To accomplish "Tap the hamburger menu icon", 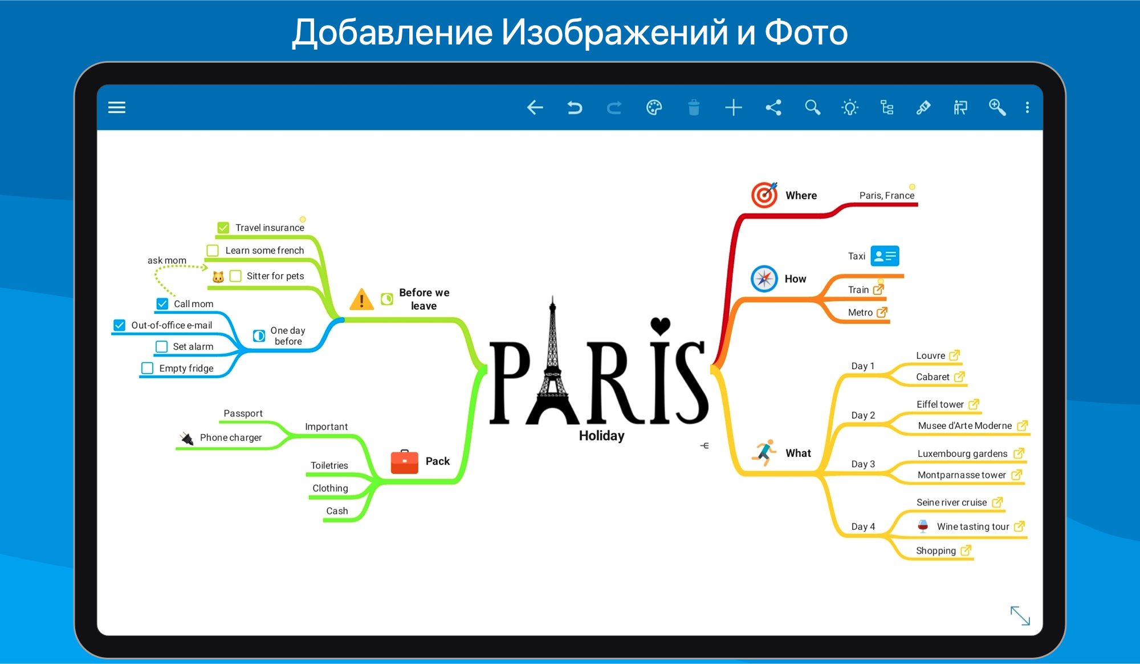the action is pyautogui.click(x=117, y=107).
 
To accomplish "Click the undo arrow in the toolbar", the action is pyautogui.click(x=575, y=107).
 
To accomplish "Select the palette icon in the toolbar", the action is pyautogui.click(x=654, y=107).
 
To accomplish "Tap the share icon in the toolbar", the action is pyautogui.click(x=773, y=107).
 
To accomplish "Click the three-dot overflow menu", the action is pyautogui.click(x=1027, y=107).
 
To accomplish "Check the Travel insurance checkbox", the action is pyautogui.click(x=223, y=228).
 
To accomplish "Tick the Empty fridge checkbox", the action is pyautogui.click(x=147, y=368).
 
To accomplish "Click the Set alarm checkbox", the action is pyautogui.click(x=161, y=346).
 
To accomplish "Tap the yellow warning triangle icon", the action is pyautogui.click(x=361, y=299).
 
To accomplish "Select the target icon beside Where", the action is pyautogui.click(x=764, y=195).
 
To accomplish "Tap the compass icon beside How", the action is pyautogui.click(x=764, y=278).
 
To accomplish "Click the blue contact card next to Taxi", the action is pyautogui.click(x=885, y=256).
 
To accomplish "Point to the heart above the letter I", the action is pyautogui.click(x=660, y=326).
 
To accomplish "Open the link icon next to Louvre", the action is pyautogui.click(x=955, y=355).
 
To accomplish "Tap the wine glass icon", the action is pyautogui.click(x=923, y=526).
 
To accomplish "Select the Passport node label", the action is pyautogui.click(x=243, y=413).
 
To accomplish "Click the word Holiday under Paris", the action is pyautogui.click(x=601, y=436).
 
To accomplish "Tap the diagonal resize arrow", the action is pyautogui.click(x=1020, y=616).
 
